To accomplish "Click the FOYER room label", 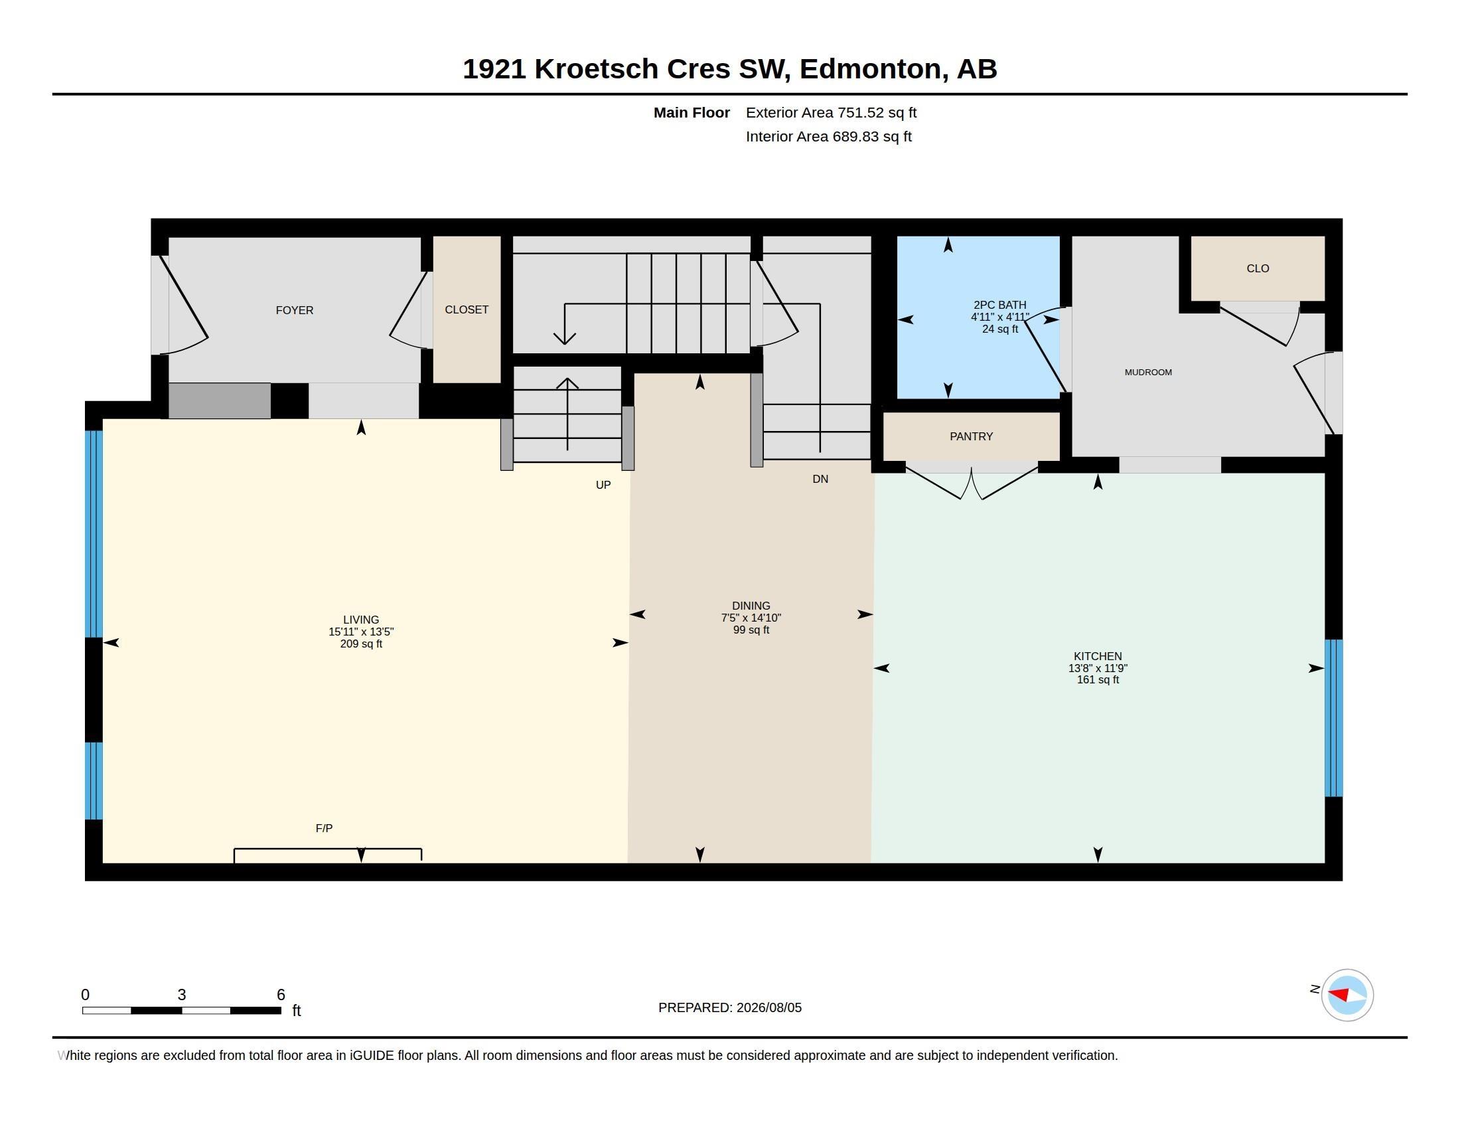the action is [x=294, y=310].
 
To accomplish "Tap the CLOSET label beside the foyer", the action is [x=467, y=309].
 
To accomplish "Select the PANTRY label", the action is [x=972, y=437].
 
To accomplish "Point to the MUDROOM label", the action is [x=1148, y=373].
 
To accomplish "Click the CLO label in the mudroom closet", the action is [x=1258, y=268].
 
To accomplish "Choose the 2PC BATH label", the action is [x=1000, y=305].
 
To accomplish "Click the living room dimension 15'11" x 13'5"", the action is [x=361, y=632].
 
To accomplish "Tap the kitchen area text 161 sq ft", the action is [x=1098, y=680].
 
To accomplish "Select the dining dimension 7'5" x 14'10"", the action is [x=751, y=618].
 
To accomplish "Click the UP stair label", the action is [x=603, y=485].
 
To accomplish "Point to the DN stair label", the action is [x=820, y=479].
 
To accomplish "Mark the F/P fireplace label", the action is [x=325, y=828].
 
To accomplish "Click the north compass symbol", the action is [x=1347, y=996].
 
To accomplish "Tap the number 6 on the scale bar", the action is [x=281, y=995].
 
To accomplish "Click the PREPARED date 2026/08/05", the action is [x=768, y=1008].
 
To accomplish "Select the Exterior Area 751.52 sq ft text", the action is [x=831, y=113].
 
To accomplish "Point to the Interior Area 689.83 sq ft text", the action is [x=828, y=137].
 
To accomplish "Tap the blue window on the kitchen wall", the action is [x=1334, y=719].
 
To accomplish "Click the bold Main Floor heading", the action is [x=692, y=113].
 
